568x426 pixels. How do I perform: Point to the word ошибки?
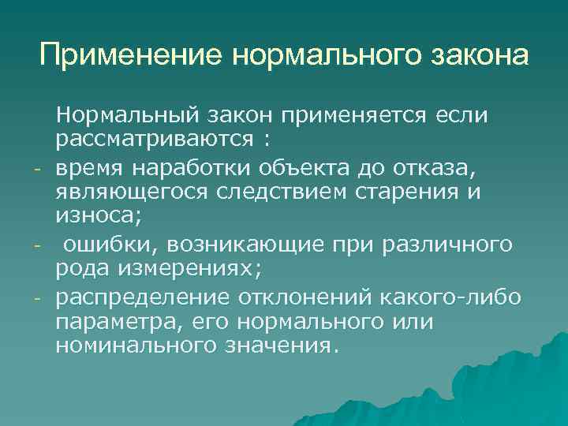[x=99, y=246]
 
